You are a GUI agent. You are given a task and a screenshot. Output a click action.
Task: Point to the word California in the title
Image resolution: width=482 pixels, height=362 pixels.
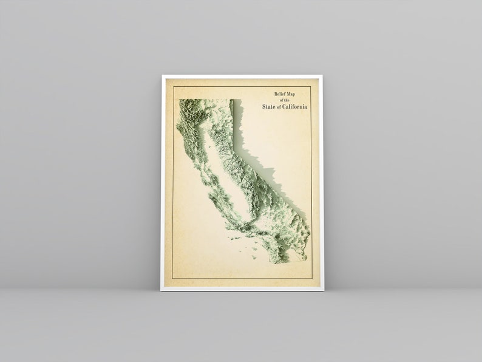point(295,107)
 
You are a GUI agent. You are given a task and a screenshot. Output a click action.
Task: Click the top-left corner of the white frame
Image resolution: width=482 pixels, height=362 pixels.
point(162,75)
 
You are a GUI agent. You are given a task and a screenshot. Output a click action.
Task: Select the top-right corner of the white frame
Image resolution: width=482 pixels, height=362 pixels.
point(322,75)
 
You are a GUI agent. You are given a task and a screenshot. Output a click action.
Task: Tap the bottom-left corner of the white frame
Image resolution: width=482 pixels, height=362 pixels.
point(161,290)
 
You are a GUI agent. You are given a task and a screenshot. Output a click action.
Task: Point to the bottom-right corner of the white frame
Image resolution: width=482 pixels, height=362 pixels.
point(323,290)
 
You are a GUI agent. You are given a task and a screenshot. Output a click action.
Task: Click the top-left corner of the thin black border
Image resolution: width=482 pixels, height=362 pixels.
point(174,87)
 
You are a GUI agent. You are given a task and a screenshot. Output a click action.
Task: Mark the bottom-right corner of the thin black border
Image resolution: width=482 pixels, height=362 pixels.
point(311,279)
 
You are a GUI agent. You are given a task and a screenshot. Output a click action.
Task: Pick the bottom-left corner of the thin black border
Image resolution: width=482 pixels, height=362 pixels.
point(173,279)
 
